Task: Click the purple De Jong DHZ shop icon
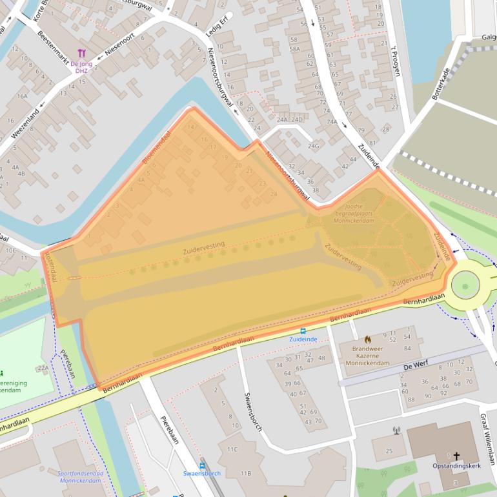[81, 53]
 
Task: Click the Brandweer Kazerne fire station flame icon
[367, 339]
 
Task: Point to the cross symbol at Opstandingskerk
[456, 455]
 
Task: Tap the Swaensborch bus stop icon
[202, 464]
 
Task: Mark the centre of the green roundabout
[465, 284]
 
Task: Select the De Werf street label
[416, 366]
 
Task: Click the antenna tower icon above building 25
[396, 430]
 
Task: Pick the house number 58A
[294, 48]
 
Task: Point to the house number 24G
[314, 146]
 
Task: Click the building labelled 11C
[232, 449]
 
